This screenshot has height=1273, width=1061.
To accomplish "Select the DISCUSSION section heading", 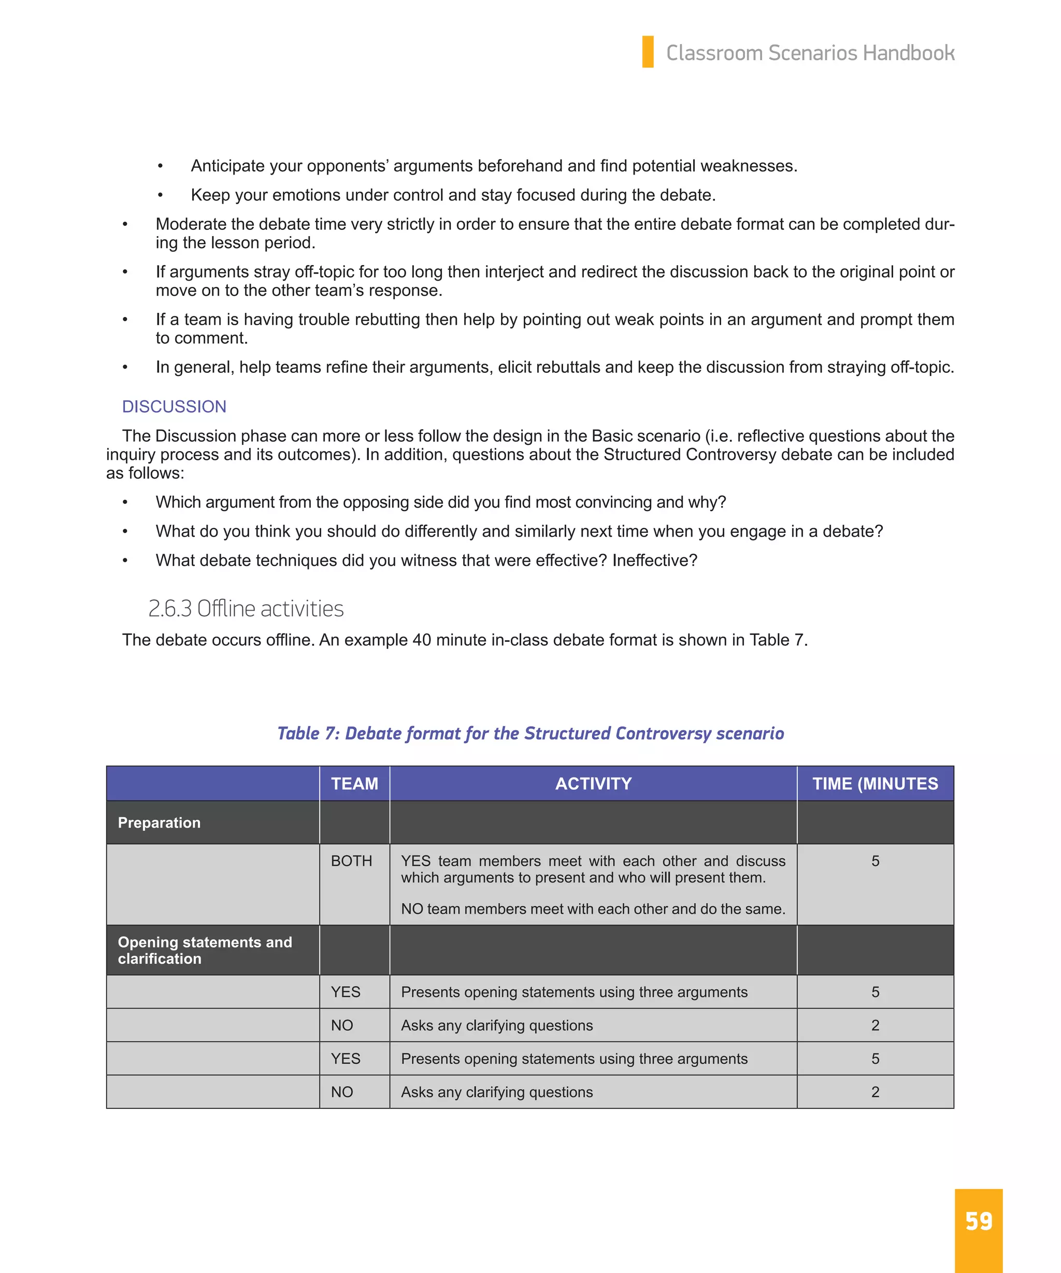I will (174, 406).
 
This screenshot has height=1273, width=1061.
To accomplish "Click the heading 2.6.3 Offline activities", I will (246, 609).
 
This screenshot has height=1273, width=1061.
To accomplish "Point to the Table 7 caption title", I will (530, 733).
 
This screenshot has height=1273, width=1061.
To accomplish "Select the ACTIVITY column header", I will (593, 784).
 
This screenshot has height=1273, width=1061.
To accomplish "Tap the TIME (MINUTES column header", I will (875, 784).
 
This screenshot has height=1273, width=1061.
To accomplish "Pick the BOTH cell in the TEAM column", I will (351, 861).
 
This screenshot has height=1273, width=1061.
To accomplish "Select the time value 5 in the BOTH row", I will (875, 861).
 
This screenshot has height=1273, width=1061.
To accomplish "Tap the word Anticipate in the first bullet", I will (227, 166).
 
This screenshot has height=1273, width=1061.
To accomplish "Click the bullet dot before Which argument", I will (125, 502).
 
